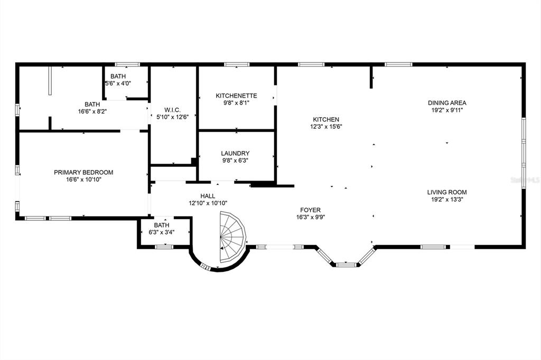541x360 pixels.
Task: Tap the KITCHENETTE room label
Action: pos(236,96)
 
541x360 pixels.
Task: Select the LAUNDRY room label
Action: pos(236,153)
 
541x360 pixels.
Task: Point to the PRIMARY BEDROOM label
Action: pos(83,172)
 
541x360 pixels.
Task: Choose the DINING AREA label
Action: pos(447,103)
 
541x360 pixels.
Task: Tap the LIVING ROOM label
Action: pos(447,192)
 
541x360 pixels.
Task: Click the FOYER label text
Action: pos(310,210)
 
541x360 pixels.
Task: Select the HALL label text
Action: pos(208,196)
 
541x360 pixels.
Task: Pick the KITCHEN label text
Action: pos(325,119)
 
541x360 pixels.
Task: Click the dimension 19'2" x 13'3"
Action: pos(447,200)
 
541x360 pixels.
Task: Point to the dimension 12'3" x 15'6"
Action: pos(325,127)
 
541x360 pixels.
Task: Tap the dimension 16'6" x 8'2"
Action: pos(92,111)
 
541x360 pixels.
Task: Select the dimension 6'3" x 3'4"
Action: pos(161,231)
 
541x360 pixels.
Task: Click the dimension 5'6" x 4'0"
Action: pos(118,83)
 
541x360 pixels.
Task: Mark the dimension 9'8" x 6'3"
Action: pos(236,160)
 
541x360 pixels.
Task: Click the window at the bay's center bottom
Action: pos(346,264)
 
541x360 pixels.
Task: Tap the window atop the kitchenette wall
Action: pos(236,64)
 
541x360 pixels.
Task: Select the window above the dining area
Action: pos(398,64)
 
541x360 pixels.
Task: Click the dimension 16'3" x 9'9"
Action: pos(310,217)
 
